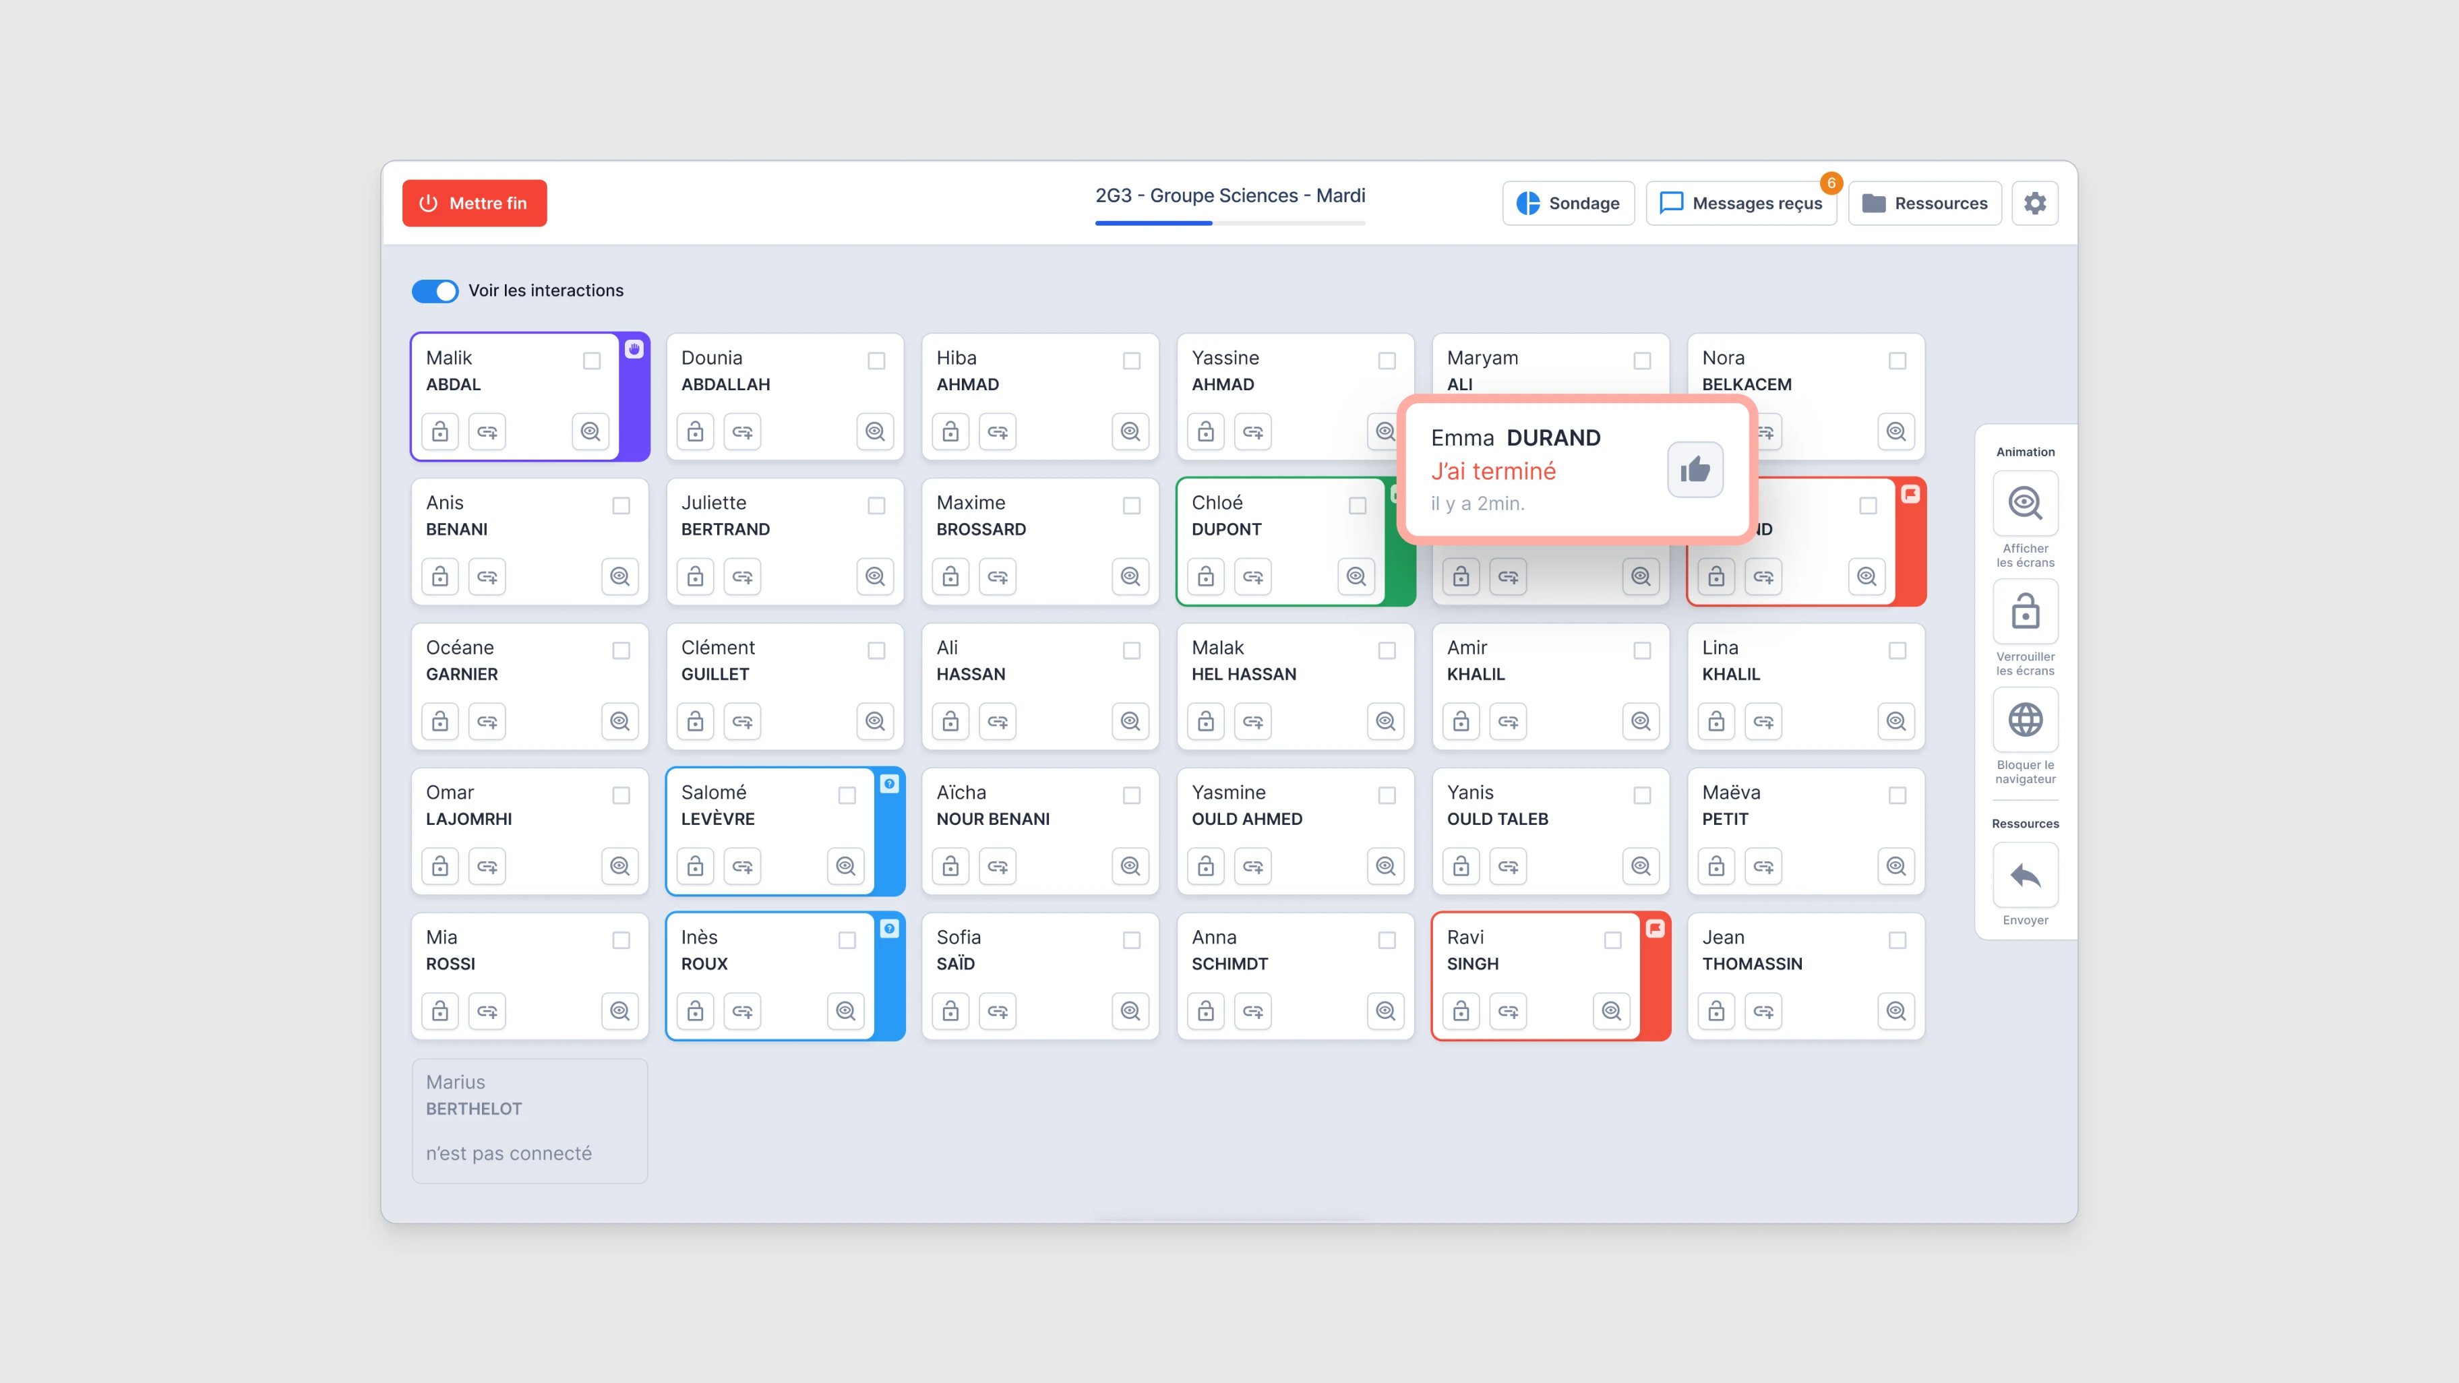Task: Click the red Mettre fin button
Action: pos(475,204)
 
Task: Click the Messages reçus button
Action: pos(1740,204)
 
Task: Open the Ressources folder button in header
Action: pos(1924,204)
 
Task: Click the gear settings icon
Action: pos(2034,204)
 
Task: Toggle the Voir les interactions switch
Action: pos(435,291)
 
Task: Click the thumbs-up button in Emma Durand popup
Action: pos(1695,470)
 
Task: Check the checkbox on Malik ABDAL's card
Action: pos(592,361)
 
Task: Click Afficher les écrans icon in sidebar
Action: pos(2025,503)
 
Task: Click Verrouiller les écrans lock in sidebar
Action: pos(2025,612)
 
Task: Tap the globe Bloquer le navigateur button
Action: pos(2025,720)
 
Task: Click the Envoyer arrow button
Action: pos(2025,875)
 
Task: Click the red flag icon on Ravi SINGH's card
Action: pos(1656,929)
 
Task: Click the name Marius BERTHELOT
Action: pos(473,1095)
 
